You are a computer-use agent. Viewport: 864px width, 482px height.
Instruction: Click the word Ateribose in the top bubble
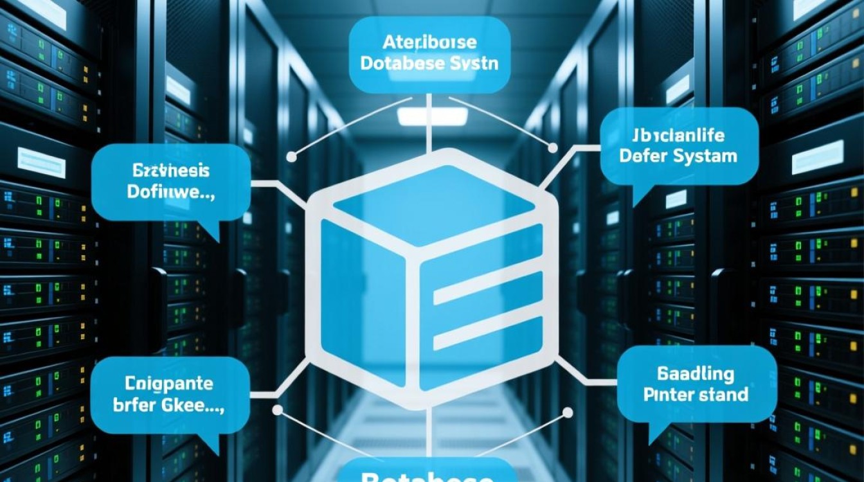(x=429, y=42)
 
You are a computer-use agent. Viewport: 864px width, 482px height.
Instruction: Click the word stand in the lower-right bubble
(x=723, y=393)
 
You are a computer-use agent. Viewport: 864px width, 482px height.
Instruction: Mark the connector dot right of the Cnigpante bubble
(x=277, y=409)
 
